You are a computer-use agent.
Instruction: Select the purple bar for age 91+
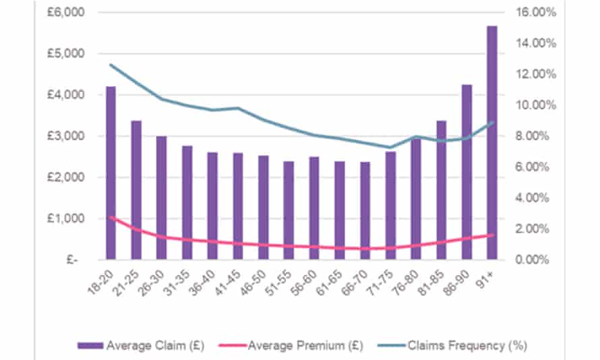492,142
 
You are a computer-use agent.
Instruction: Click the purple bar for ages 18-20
111,173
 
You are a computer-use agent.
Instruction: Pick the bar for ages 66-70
365,210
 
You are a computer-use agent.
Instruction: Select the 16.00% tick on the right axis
537,12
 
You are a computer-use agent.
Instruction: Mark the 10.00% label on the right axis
537,105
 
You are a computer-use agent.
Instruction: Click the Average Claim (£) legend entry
133,346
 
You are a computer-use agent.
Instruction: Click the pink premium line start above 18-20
111,217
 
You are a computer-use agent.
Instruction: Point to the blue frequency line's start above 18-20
111,65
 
